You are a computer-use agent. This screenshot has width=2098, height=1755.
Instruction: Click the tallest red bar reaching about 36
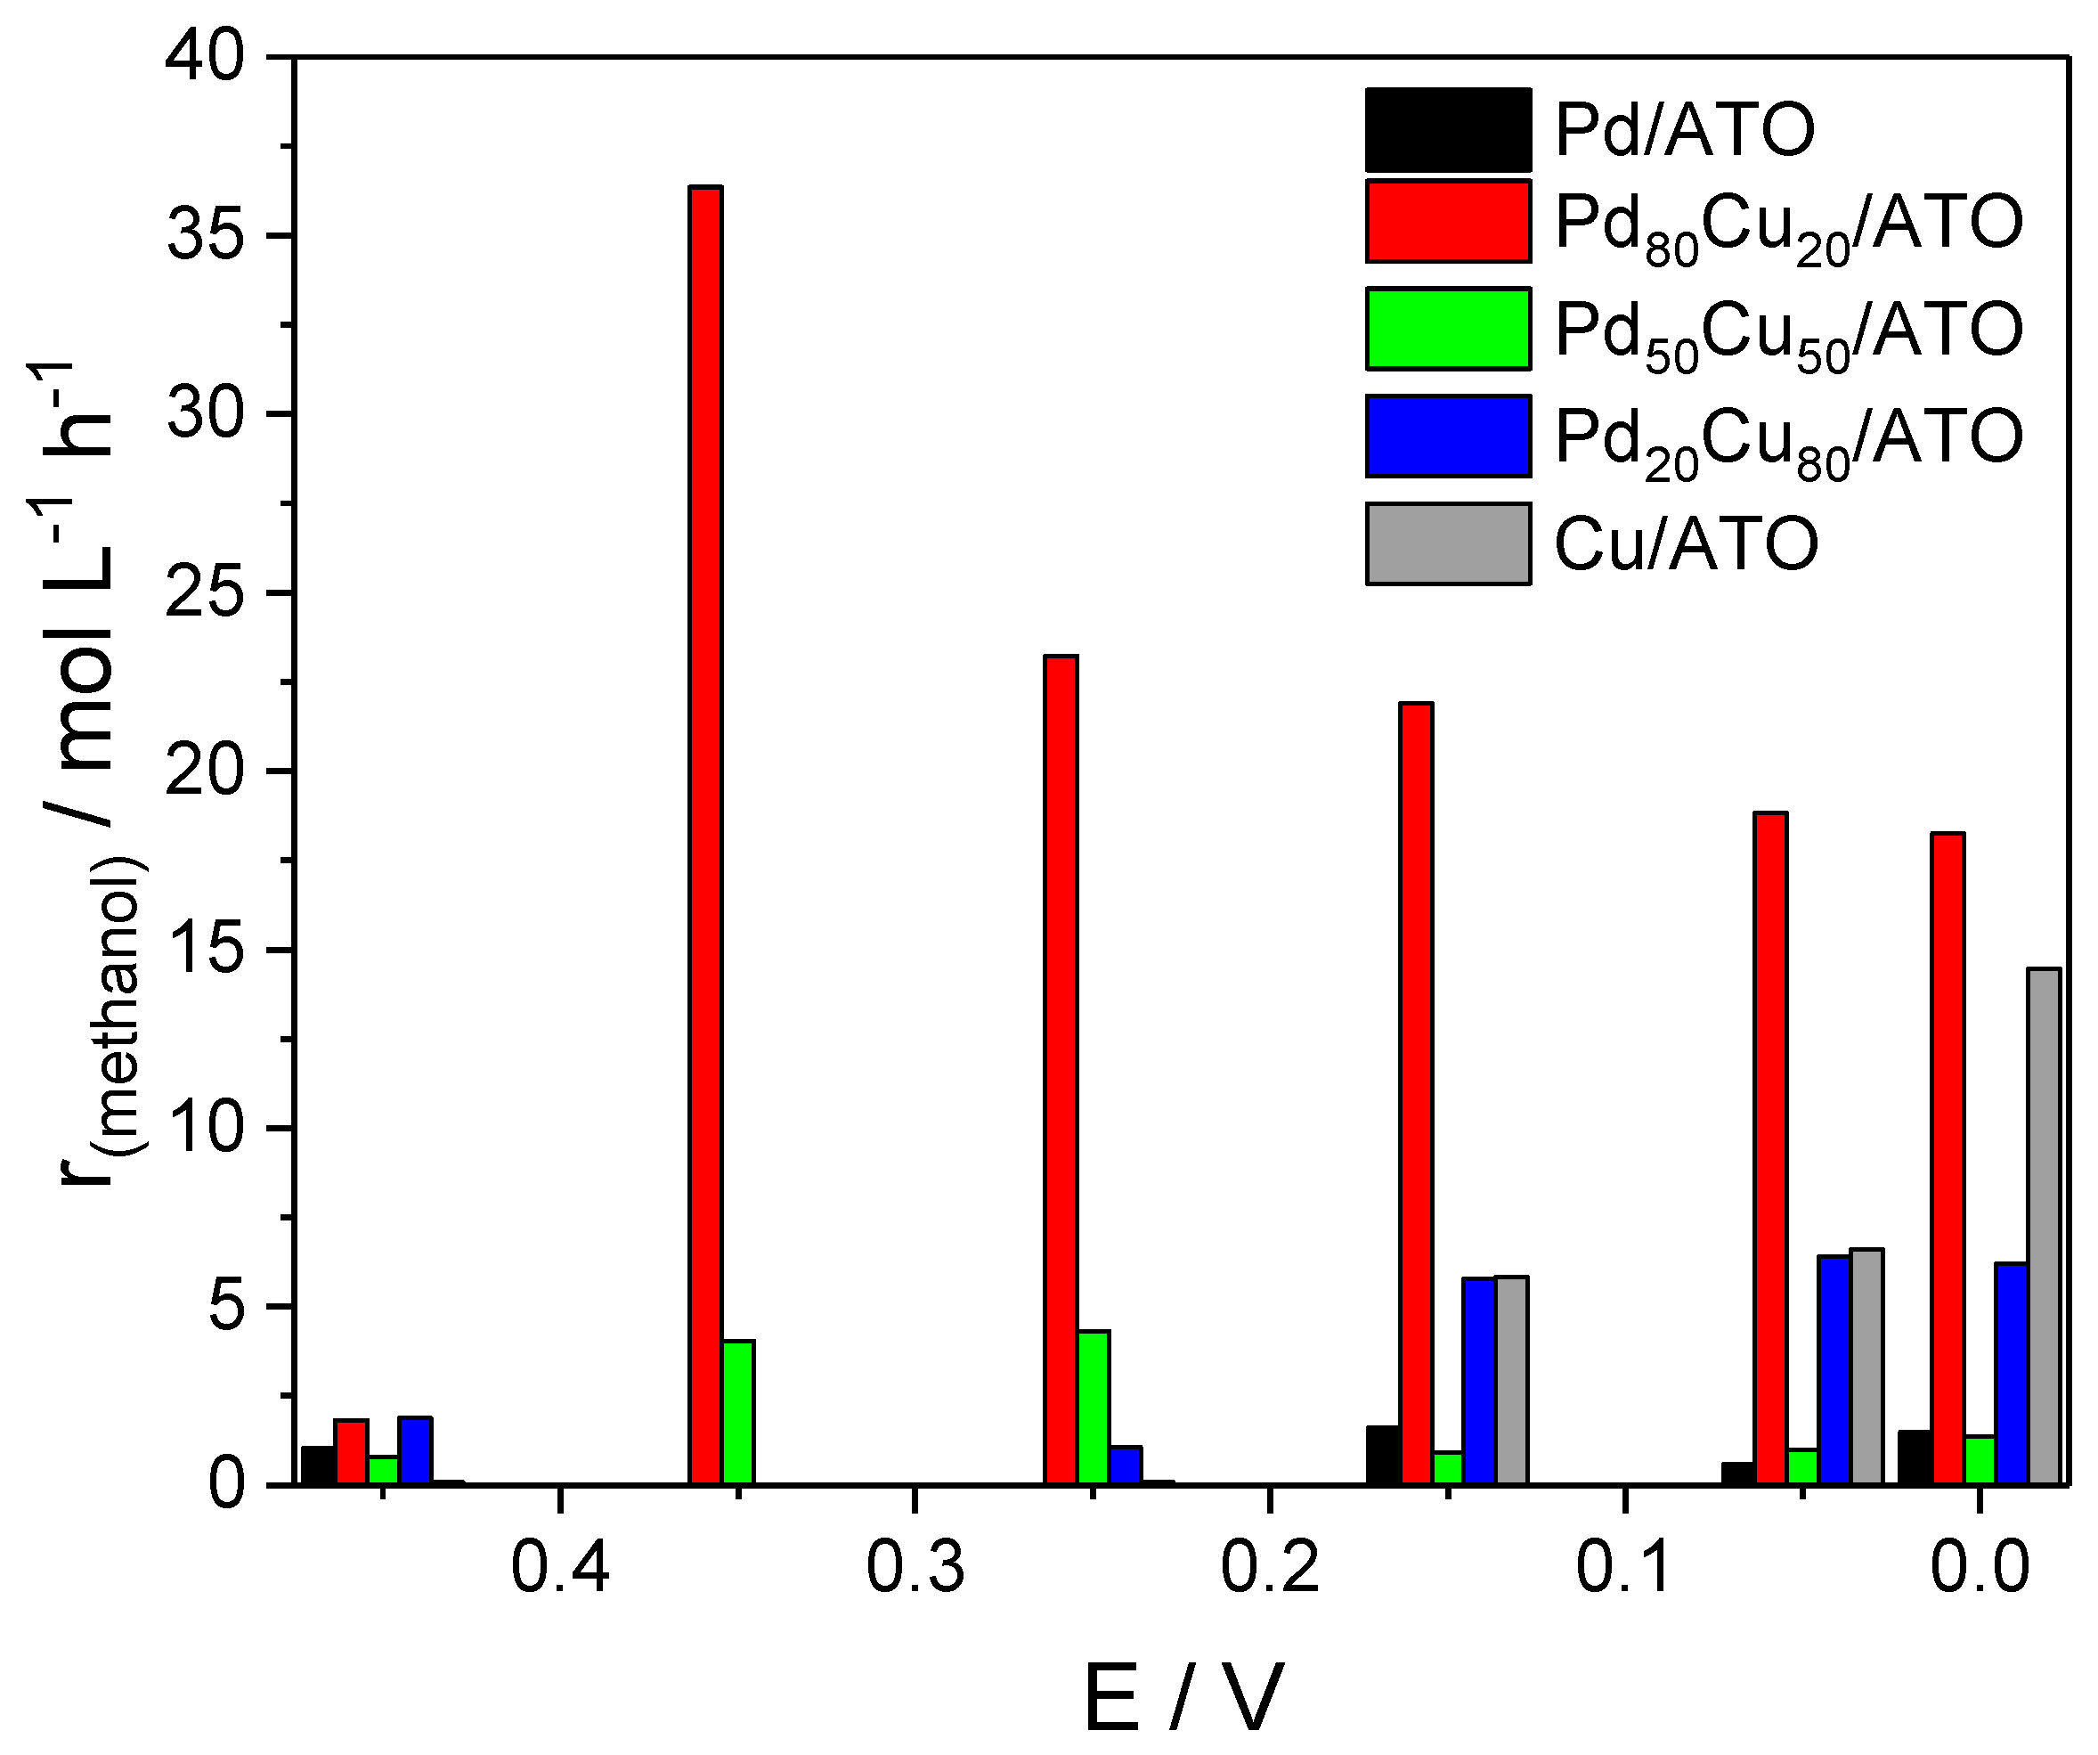pyautogui.click(x=705, y=835)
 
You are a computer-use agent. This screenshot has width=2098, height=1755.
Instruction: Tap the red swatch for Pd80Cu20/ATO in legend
pyautogui.click(x=1448, y=221)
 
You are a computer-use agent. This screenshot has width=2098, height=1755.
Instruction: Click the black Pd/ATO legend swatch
pyautogui.click(x=1448, y=130)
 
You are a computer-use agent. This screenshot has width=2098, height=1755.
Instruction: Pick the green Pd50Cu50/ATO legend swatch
pyautogui.click(x=1448, y=328)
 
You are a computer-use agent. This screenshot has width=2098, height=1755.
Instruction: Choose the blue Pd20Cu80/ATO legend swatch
pyautogui.click(x=1448, y=436)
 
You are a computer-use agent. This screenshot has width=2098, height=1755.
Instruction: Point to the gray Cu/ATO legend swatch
pyautogui.click(x=1448, y=543)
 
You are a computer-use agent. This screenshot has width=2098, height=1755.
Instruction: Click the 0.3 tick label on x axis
pyautogui.click(x=915, y=1567)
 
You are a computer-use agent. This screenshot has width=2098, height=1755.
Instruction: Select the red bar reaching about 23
pyautogui.click(x=1061, y=1069)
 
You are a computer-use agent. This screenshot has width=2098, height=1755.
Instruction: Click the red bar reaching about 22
pyautogui.click(x=1416, y=1092)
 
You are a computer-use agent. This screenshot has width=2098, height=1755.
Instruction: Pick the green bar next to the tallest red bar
pyautogui.click(x=738, y=1411)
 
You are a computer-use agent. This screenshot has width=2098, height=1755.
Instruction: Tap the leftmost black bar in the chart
pyautogui.click(x=318, y=1465)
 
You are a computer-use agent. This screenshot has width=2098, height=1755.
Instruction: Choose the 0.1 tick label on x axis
pyautogui.click(x=1624, y=1567)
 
